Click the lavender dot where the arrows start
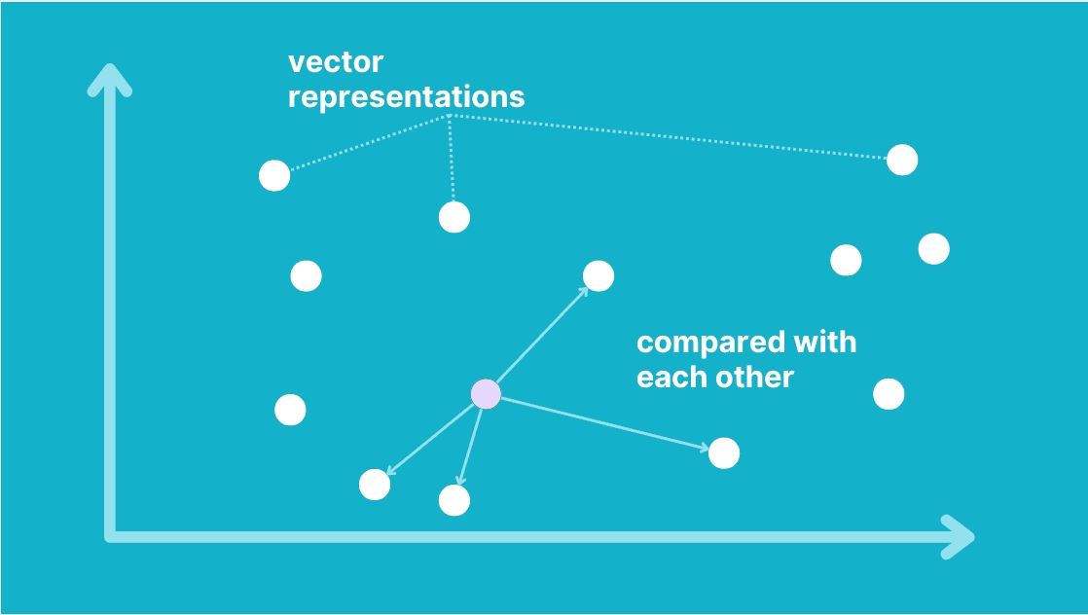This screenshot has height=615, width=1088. [x=486, y=394]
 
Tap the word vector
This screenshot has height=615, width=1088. [x=335, y=62]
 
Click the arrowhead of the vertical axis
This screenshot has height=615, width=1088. [x=110, y=79]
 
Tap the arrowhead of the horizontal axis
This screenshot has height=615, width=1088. [x=959, y=536]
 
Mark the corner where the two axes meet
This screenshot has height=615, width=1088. [x=110, y=536]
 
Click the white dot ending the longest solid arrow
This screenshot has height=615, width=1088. [x=724, y=453]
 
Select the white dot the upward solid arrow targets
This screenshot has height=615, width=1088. [x=598, y=276]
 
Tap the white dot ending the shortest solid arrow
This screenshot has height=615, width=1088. [x=454, y=500]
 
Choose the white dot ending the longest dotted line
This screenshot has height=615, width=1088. [x=902, y=161]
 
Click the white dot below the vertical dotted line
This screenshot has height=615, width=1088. [x=454, y=218]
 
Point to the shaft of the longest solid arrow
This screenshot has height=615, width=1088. [x=604, y=424]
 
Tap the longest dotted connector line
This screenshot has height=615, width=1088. [x=669, y=137]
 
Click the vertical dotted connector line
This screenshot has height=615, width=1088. [x=451, y=159]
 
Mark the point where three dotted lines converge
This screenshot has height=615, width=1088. [x=450, y=115]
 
